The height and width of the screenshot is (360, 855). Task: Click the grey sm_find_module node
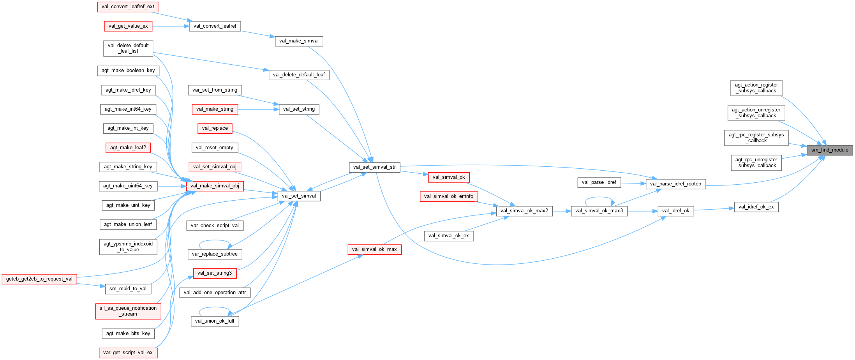pyautogui.click(x=829, y=150)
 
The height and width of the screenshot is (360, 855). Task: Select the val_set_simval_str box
pyautogui.click(x=374, y=167)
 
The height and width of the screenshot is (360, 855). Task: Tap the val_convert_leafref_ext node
pyautogui.click(x=128, y=7)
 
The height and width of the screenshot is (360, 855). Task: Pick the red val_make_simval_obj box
pyautogui.click(x=215, y=186)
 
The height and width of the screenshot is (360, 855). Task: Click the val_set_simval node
pyautogui.click(x=299, y=196)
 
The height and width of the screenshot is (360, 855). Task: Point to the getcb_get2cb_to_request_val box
pyautogui.click(x=39, y=279)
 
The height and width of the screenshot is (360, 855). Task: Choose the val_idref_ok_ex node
pyautogui.click(x=756, y=207)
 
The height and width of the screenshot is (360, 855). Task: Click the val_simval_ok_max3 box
pyautogui.click(x=599, y=211)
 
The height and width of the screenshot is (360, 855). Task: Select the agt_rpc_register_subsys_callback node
pyautogui.click(x=756, y=138)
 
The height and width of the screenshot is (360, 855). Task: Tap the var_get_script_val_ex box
pyautogui.click(x=128, y=353)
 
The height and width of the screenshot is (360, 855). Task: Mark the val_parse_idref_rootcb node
pyautogui.click(x=675, y=184)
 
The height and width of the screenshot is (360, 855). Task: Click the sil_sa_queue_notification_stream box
pyautogui.click(x=128, y=311)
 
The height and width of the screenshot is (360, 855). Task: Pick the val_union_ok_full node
pyautogui.click(x=215, y=321)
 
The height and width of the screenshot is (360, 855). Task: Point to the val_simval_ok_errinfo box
pyautogui.click(x=449, y=196)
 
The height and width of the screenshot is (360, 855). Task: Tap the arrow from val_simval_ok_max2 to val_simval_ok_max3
pyautogui.click(x=561, y=211)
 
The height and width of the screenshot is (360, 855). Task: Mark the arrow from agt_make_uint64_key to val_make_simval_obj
pyautogui.click(x=171, y=186)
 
